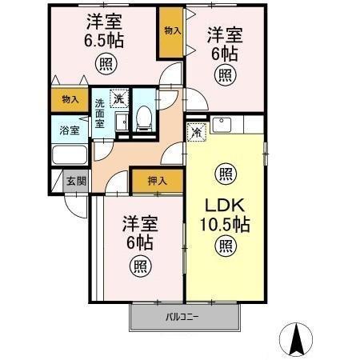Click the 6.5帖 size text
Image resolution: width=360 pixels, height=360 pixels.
[104, 38]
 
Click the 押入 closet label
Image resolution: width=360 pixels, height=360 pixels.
[157, 182]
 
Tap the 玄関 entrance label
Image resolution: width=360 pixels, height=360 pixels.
[77, 181]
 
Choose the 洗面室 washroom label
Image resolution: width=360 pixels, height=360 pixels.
[100, 114]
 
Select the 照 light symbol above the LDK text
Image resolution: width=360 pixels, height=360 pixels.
[225, 172]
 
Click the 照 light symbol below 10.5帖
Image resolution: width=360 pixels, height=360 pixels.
[225, 246]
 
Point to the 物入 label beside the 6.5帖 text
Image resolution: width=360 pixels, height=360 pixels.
[170, 31]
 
